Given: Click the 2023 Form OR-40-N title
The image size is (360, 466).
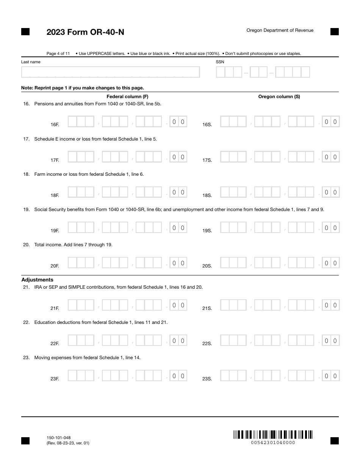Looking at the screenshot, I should click(x=85, y=32).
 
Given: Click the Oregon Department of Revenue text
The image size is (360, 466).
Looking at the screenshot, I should click(x=280, y=30).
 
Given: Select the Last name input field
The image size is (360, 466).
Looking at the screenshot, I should click(x=110, y=72).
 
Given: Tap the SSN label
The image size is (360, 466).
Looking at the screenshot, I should click(x=220, y=62).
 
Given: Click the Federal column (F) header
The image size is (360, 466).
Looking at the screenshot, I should click(x=127, y=97).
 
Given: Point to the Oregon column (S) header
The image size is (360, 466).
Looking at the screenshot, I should click(x=279, y=97).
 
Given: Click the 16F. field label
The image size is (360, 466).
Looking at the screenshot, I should click(x=55, y=125).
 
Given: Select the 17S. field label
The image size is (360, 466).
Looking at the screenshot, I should click(x=207, y=160).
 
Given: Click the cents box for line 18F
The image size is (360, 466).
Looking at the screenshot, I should click(x=178, y=192).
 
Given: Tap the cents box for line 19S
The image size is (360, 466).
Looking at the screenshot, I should click(x=330, y=228).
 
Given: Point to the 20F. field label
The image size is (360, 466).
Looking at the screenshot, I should click(x=55, y=266).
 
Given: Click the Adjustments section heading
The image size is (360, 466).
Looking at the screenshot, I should click(x=37, y=280).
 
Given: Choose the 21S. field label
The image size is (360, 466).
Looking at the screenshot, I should click(x=207, y=308).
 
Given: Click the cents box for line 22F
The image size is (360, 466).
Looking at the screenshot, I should click(x=178, y=341).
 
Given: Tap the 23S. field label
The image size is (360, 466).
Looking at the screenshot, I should click(x=207, y=379).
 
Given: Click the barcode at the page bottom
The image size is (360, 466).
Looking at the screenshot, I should click(x=273, y=435).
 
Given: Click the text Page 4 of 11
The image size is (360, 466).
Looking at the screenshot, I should click(x=58, y=53).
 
